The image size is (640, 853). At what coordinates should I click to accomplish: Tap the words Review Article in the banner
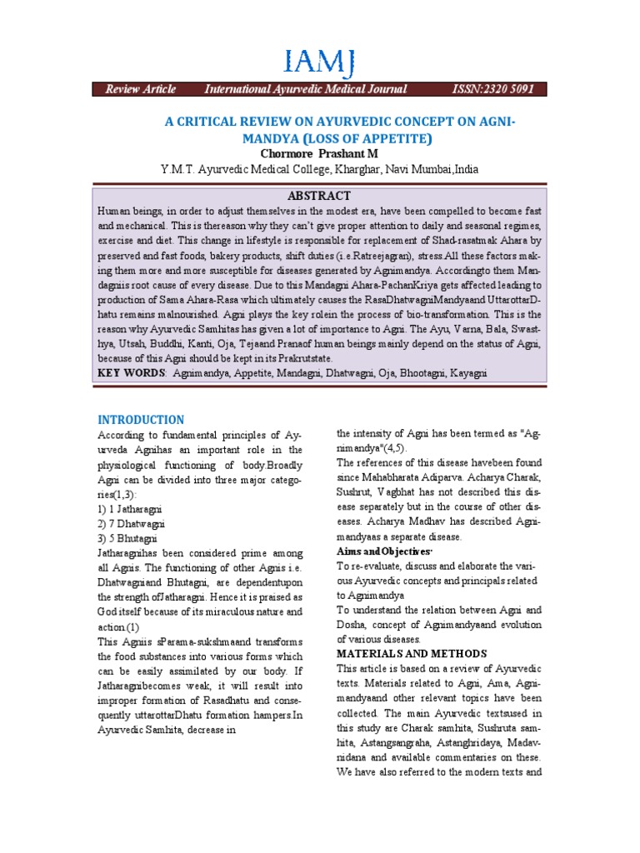point(140,89)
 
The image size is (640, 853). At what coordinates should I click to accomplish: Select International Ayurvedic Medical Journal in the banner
point(306,89)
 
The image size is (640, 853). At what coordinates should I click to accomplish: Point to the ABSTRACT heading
point(319,195)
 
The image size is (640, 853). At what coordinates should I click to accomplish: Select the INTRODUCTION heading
point(141,419)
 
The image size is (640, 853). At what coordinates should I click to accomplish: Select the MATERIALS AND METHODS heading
point(412,653)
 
